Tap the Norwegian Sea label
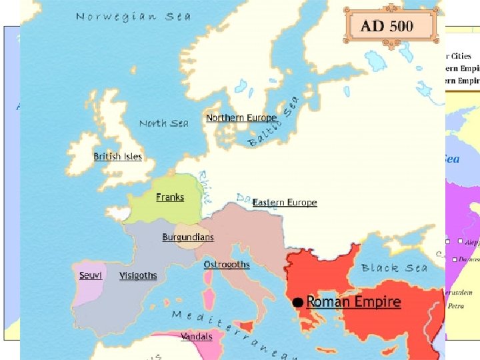click(x=133, y=16)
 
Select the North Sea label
click(x=164, y=123)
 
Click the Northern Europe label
click(x=241, y=118)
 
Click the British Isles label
click(x=117, y=157)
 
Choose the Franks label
click(x=170, y=197)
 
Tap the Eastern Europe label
click(x=285, y=203)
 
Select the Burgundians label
click(x=188, y=237)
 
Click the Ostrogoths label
click(x=227, y=265)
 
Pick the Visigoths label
click(x=138, y=275)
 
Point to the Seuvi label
click(x=90, y=275)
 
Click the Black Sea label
click(x=394, y=268)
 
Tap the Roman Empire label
click(x=353, y=302)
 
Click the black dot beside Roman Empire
click(x=298, y=303)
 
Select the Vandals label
click(x=197, y=337)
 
